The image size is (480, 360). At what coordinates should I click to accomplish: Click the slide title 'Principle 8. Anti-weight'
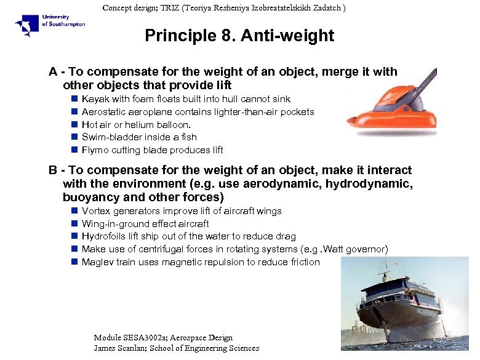(x=239, y=36)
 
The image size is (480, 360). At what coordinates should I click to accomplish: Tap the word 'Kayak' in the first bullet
(x=94, y=99)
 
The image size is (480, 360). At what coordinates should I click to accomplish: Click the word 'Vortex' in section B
(x=95, y=211)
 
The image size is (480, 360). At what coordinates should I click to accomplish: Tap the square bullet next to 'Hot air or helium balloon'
(x=73, y=124)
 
